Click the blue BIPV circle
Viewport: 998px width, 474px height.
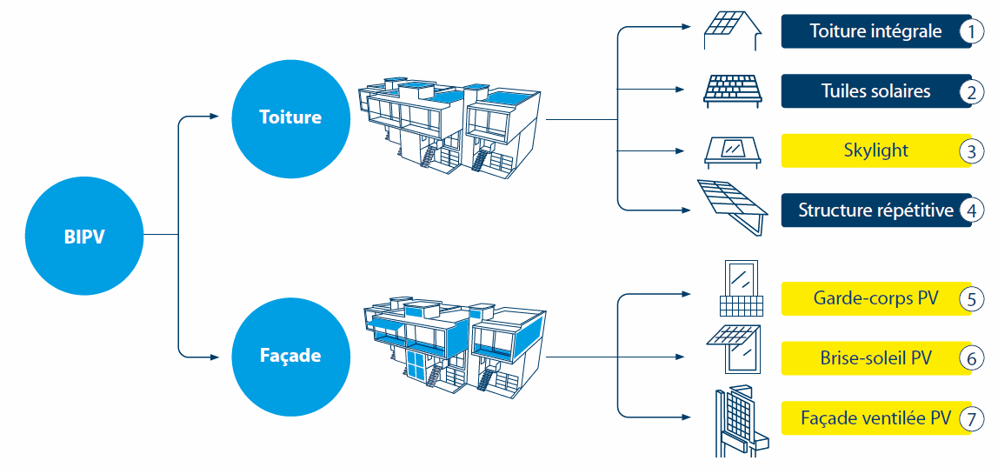pos(84,236)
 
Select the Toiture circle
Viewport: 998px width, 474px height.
pos(289,117)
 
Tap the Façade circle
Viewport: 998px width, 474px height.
pos(289,355)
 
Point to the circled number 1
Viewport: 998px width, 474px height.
pos(971,32)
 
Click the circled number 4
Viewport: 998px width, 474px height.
pos(971,210)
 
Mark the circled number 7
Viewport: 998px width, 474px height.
pos(971,418)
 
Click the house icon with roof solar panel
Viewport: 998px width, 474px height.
pos(731,31)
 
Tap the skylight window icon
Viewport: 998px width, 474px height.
pos(733,151)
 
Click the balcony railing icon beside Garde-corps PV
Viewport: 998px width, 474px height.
pos(741,290)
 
